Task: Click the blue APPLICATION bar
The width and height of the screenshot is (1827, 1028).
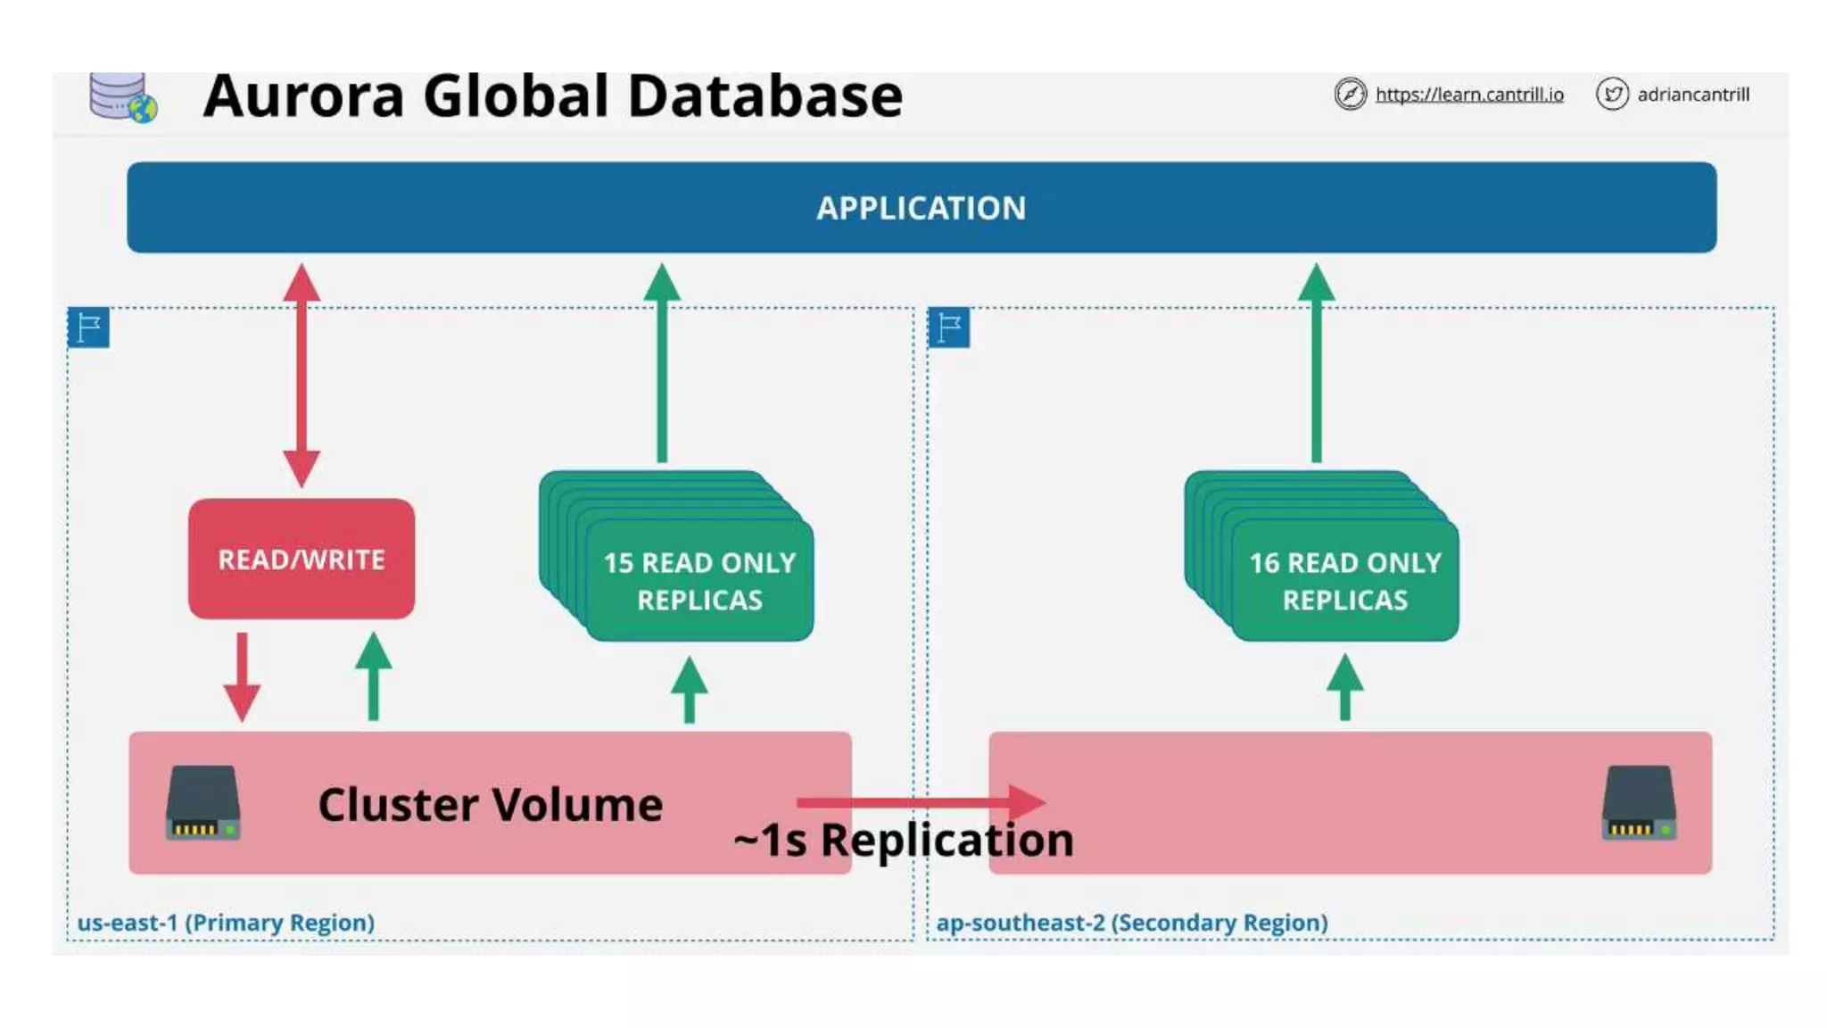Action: [921, 207]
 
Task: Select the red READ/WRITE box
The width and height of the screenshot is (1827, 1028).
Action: [302, 559]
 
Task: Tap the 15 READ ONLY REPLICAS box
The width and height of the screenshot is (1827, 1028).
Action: [699, 580]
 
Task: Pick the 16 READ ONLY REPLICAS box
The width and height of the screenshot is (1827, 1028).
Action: [1344, 580]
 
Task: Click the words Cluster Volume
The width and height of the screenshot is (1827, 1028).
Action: [490, 805]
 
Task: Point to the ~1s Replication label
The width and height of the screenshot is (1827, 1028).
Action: [903, 841]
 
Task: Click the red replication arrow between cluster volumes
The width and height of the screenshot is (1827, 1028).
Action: [919, 801]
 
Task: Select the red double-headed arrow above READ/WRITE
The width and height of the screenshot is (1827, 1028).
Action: [302, 375]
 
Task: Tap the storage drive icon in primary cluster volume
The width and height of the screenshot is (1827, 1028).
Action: [203, 803]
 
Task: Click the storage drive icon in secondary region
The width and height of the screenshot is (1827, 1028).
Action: [1639, 803]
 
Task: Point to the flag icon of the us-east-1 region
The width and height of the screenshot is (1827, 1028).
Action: [88, 327]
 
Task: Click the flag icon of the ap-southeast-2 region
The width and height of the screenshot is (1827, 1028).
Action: [948, 327]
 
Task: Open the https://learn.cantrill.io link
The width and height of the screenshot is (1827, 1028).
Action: [1468, 95]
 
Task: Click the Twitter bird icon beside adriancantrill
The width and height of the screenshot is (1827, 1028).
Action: [1612, 94]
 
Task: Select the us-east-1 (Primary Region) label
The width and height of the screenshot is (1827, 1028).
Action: [226, 923]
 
